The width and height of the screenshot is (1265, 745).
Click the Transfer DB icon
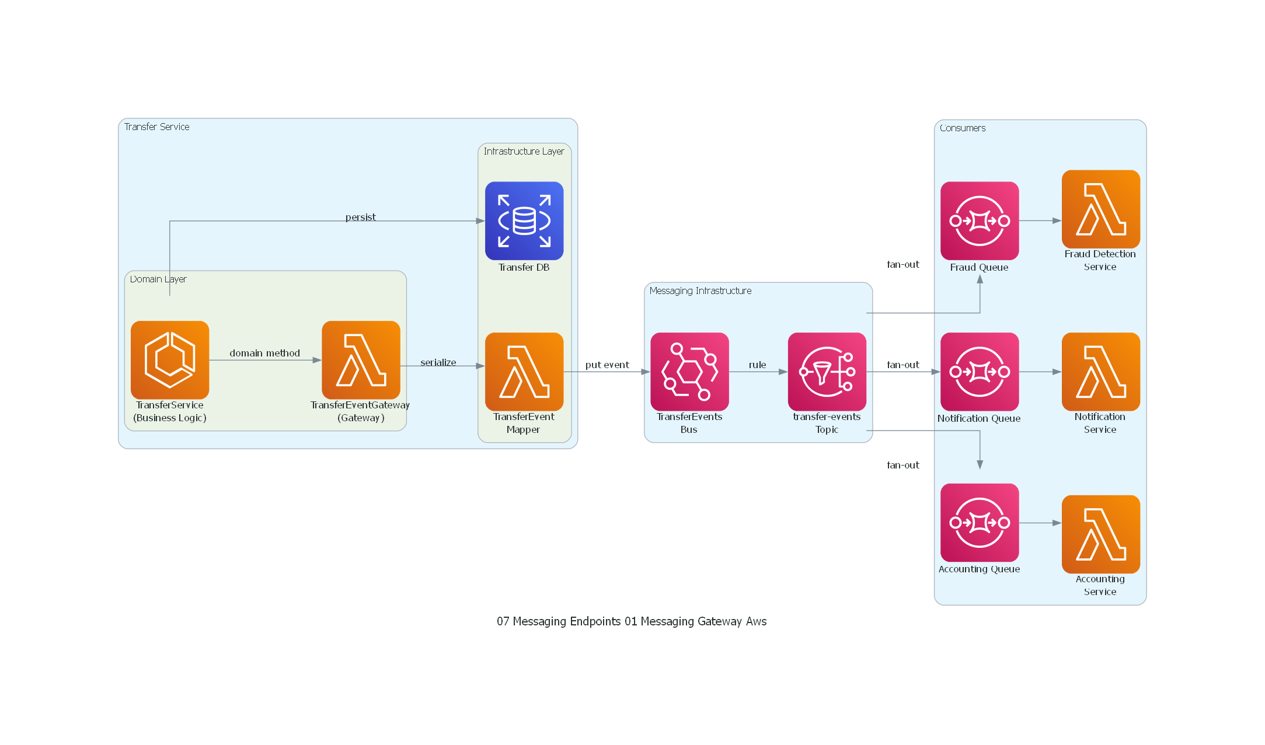point(524,221)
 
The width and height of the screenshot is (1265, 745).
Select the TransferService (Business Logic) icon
point(170,360)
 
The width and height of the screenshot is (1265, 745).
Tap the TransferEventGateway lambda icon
point(361,360)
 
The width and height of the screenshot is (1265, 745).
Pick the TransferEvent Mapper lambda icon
point(524,372)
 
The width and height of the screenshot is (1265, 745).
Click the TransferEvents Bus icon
point(689,372)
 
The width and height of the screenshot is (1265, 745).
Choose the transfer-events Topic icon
point(827,372)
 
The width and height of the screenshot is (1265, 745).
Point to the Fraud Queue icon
point(980,221)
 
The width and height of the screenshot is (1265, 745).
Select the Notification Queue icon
point(980,372)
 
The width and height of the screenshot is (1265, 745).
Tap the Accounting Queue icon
point(980,523)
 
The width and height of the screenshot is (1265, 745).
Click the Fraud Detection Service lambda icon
point(1100,209)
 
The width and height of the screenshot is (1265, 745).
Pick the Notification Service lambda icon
point(1100,372)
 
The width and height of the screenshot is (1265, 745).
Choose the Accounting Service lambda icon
point(1100,534)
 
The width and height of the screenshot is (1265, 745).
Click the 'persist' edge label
point(360,217)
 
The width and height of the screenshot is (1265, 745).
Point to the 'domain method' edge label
point(264,353)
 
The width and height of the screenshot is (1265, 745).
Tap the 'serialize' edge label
point(438,362)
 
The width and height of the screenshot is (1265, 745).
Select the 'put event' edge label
point(607,365)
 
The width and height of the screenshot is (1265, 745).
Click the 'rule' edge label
point(757,365)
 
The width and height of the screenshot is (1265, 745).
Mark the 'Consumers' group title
point(962,128)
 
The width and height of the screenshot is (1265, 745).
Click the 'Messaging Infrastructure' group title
point(700,291)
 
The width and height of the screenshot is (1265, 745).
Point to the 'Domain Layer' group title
point(158,279)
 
